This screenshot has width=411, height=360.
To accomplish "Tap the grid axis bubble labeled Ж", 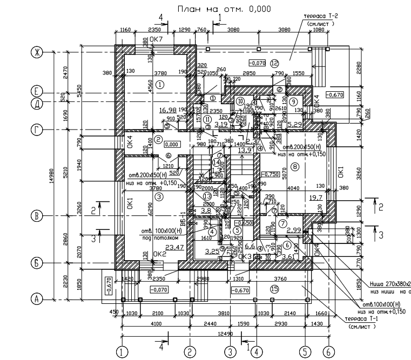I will (37, 52).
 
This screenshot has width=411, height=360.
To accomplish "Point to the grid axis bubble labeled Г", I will (37, 130).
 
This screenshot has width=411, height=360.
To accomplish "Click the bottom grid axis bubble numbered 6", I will (328, 352).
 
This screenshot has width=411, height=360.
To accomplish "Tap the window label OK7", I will (156, 39).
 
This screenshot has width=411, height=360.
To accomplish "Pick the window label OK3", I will (245, 257).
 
